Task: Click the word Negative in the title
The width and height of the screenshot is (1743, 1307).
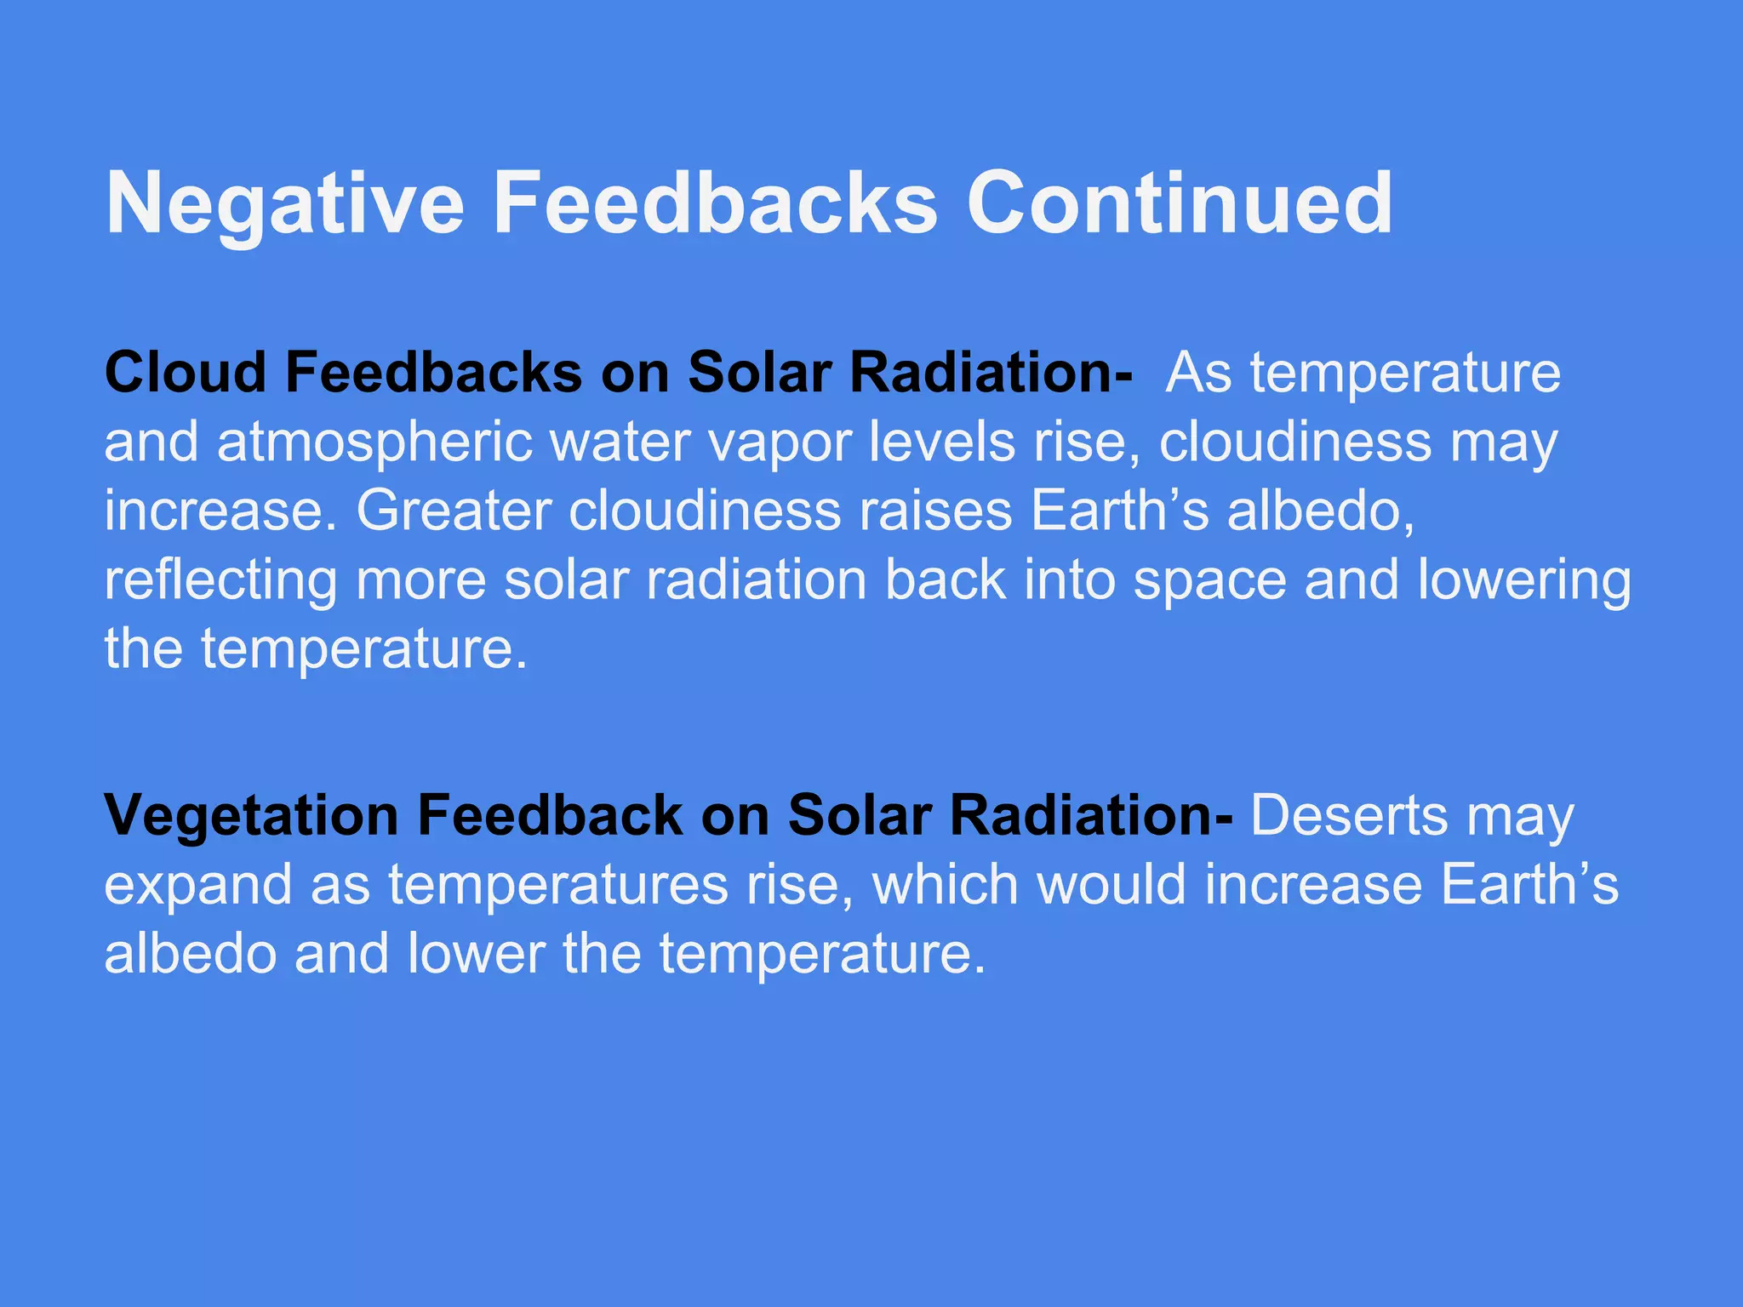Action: point(285,204)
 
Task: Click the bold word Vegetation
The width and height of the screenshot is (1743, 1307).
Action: point(251,815)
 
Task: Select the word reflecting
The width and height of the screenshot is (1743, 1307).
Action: point(220,581)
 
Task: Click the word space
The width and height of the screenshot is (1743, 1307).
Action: point(1209,581)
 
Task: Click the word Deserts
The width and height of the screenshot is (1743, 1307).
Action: point(1349,815)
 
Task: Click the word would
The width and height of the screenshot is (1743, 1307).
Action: point(1111,885)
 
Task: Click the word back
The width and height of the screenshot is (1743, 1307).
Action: point(946,581)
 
